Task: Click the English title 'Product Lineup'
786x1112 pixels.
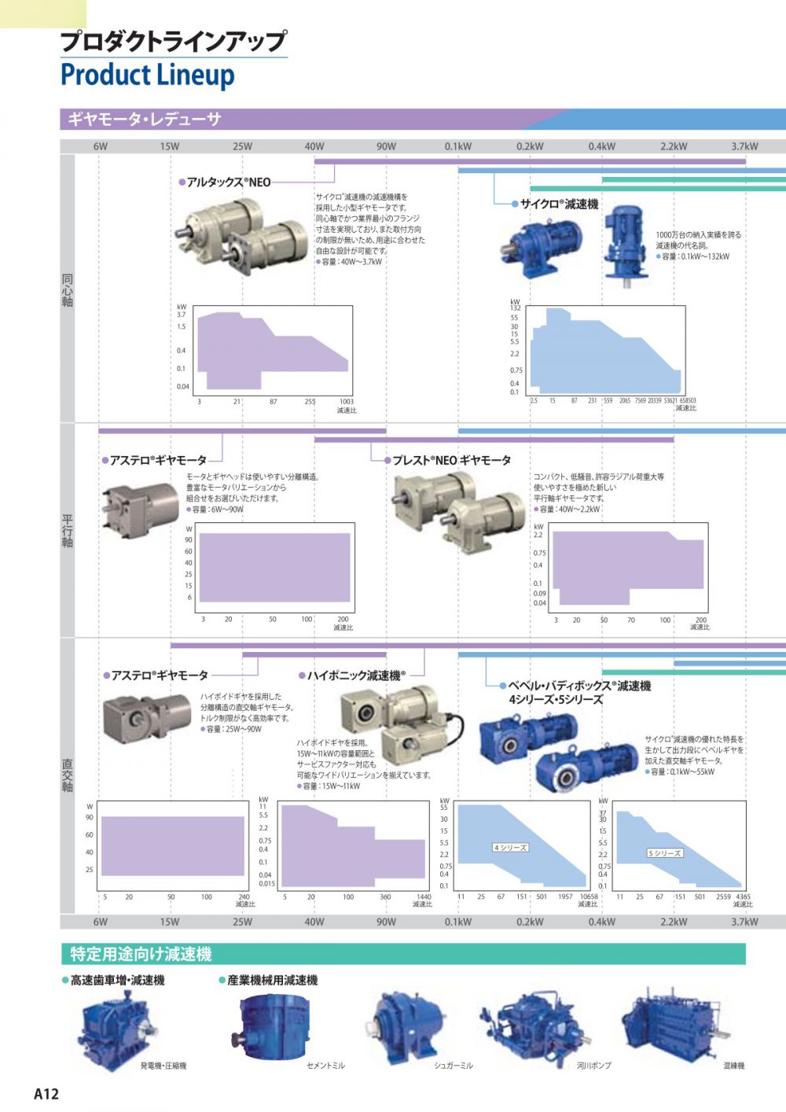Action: click(x=147, y=75)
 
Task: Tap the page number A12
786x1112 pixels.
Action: click(x=46, y=1093)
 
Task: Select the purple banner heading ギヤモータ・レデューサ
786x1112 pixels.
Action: click(x=144, y=120)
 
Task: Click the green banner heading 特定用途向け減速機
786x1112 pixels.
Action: click(x=141, y=954)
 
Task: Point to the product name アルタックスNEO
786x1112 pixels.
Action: click(x=228, y=182)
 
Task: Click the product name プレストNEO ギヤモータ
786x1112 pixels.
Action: click(x=451, y=460)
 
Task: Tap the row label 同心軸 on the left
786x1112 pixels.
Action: click(x=68, y=290)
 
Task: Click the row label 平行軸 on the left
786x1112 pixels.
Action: click(x=68, y=531)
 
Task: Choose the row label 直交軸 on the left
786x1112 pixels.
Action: click(x=68, y=775)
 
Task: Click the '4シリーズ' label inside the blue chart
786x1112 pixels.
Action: click(x=510, y=847)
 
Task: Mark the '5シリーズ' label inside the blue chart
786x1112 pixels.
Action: click(x=664, y=853)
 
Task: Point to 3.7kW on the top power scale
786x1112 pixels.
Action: click(x=744, y=146)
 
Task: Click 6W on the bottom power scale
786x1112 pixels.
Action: click(x=100, y=922)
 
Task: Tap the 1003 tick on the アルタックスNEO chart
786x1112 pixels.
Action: click(x=346, y=402)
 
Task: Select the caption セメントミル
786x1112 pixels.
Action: click(x=325, y=1066)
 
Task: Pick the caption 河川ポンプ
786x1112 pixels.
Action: click(x=593, y=1066)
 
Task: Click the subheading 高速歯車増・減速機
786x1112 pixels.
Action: click(x=117, y=980)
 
